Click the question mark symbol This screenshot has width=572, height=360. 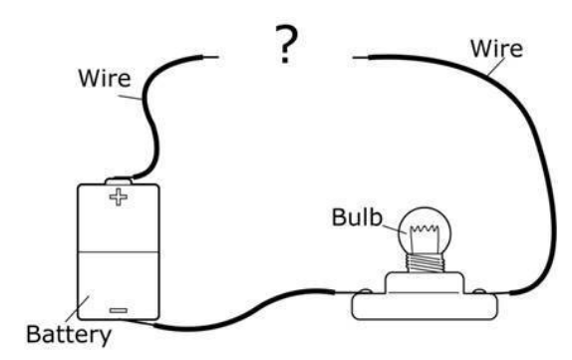[x=286, y=45]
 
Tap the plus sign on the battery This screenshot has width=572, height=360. [x=119, y=197]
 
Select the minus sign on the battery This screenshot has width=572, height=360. [x=119, y=311]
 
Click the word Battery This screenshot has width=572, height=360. [x=69, y=335]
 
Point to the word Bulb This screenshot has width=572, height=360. [x=357, y=217]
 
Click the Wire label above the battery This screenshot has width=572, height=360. [x=105, y=78]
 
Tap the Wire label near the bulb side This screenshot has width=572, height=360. [x=496, y=49]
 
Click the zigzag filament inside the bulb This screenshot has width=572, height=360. [x=425, y=229]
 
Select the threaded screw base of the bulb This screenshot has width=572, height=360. [x=425, y=263]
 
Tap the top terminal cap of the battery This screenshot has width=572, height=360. [x=119, y=180]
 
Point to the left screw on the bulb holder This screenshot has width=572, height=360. [x=365, y=292]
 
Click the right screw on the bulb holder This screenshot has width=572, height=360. [x=479, y=292]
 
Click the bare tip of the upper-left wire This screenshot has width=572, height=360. [x=209, y=57]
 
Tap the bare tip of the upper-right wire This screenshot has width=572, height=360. [x=361, y=57]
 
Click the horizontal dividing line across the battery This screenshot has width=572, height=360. [x=119, y=251]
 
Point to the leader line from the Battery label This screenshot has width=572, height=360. [x=78, y=309]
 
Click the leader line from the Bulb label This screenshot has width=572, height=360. [x=394, y=228]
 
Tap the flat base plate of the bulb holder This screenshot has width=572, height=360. [x=425, y=307]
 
